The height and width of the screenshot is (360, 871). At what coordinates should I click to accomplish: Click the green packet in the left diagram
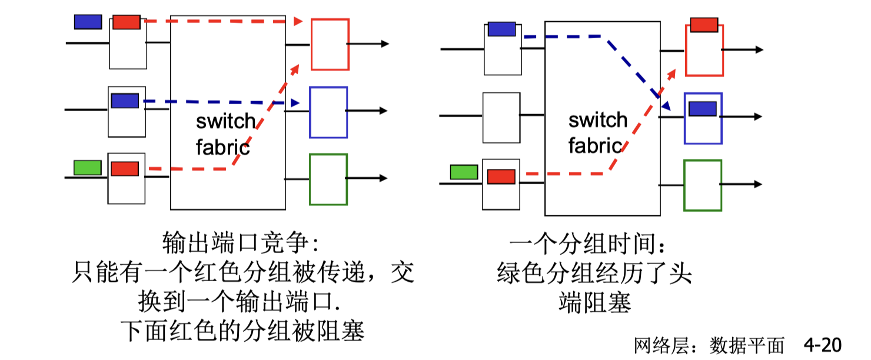pos(87,168)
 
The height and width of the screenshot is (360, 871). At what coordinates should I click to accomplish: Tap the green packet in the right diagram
pos(464,172)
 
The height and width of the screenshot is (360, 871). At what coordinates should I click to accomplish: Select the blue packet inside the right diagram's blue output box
pos(702,109)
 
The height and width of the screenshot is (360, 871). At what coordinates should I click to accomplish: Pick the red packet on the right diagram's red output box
pos(704,25)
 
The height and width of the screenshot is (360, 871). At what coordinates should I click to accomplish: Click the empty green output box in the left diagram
pos(328,179)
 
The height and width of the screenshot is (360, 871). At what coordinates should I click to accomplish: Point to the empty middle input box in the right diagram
pos(501,118)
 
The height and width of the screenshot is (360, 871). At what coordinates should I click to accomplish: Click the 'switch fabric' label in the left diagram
pos(225,134)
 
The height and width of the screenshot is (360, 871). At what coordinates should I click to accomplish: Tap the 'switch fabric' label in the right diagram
pos(597,132)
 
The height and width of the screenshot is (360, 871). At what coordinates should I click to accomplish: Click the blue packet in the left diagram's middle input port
pos(125,101)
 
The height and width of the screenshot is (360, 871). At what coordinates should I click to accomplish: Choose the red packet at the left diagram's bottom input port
pos(125,169)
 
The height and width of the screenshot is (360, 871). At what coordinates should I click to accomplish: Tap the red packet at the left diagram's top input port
pos(126,22)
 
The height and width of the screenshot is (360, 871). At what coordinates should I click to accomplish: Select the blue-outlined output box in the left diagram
pos(328,112)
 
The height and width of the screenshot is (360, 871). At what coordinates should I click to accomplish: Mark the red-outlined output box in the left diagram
pos(330,45)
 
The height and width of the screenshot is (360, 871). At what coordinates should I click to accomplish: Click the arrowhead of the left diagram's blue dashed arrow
pos(297,104)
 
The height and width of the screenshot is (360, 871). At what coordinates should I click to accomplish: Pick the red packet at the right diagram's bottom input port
pos(501,176)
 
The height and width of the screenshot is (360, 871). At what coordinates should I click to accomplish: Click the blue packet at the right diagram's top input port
pos(501,29)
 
